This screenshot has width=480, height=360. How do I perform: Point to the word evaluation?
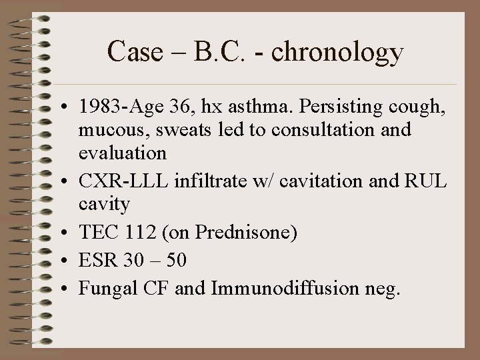pyautogui.click(x=123, y=153)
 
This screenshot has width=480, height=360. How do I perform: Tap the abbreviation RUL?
pyautogui.click(x=433, y=179)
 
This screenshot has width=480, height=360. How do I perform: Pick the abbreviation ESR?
pyautogui.click(x=97, y=259)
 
